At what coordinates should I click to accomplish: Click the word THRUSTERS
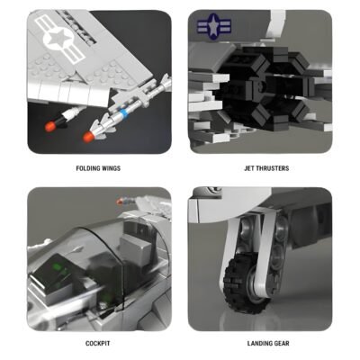coord(267,167)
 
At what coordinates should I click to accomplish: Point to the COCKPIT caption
coord(98,343)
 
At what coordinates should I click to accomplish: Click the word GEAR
coord(280,343)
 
